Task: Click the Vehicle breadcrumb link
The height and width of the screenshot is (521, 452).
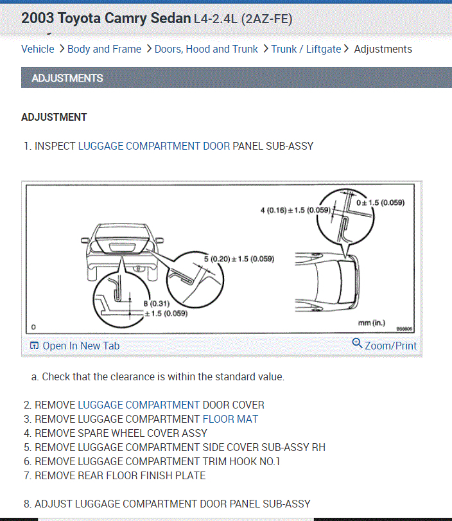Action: pos(37,49)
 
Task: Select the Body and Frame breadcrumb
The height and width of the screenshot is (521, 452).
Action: pos(104,49)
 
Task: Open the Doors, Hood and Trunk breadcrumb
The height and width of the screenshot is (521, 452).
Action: pos(206,49)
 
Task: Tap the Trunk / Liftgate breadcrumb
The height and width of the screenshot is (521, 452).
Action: pos(306,49)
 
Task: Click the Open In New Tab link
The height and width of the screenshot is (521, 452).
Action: pos(81,346)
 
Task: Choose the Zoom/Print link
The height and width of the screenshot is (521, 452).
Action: pos(390,346)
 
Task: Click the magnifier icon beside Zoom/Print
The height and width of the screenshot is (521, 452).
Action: pos(358,344)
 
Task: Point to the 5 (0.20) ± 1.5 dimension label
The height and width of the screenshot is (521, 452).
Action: pos(239,259)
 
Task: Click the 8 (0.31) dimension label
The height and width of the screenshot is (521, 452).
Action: pos(156,304)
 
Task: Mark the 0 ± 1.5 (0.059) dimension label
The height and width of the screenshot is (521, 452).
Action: pos(380,202)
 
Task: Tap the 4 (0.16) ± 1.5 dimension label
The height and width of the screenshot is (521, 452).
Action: pos(295,210)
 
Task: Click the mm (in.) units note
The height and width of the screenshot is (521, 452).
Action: pos(372,322)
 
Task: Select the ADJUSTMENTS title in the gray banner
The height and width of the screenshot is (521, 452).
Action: pos(67,78)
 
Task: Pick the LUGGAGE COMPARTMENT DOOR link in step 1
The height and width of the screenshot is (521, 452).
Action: pos(153,146)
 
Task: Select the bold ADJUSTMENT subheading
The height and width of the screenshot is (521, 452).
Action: pos(54,117)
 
